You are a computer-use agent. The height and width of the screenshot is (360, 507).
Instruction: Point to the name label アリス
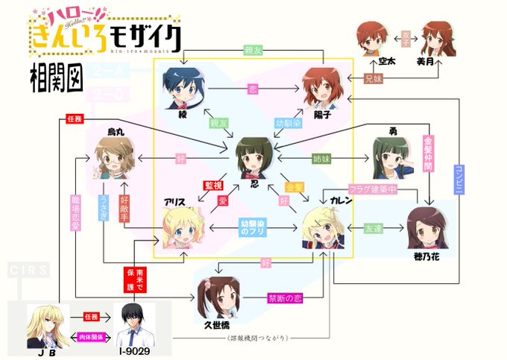point(176,201)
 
